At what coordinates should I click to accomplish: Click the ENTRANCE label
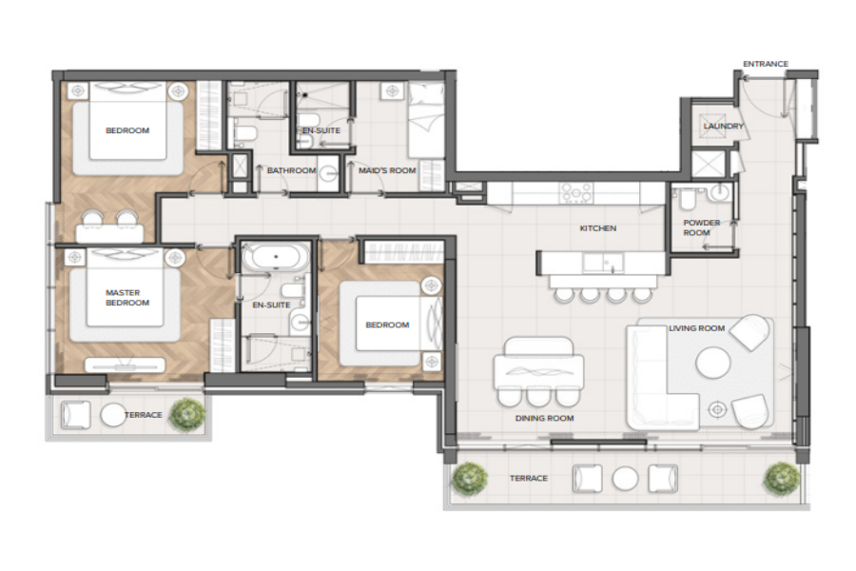pos(766,64)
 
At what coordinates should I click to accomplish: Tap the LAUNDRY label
pos(724,127)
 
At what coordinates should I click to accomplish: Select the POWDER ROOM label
pos(702,227)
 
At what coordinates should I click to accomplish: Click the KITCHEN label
pos(598,228)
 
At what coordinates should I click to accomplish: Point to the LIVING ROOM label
pos(696,328)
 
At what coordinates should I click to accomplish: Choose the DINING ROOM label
pos(544,418)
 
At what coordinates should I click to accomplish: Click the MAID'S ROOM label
pos(387,170)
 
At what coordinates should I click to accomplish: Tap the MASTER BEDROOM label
pos(127,298)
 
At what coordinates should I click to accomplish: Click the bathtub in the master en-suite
pos(275,256)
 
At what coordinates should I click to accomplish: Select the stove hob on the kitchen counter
pos(576,193)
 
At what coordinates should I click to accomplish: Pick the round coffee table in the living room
pos(713,363)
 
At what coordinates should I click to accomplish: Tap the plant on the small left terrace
pos(187,415)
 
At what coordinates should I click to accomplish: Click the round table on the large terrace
pos(625,479)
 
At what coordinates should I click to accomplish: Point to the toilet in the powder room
pos(687,200)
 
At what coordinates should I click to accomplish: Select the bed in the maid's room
pos(426,120)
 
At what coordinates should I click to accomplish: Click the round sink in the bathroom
pos(329,174)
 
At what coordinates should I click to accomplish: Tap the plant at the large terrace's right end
pos(781,480)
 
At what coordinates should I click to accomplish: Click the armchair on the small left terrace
pos(75,415)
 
